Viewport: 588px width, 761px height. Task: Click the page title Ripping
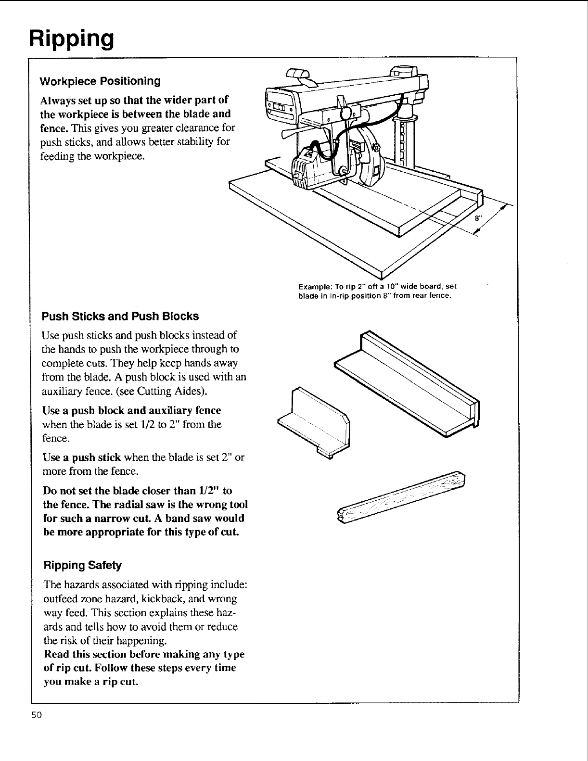coord(71,37)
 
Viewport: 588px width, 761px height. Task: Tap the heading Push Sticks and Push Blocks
coord(120,316)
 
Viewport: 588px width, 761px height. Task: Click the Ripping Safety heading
coord(83,564)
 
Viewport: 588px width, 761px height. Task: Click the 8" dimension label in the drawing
coord(478,217)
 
